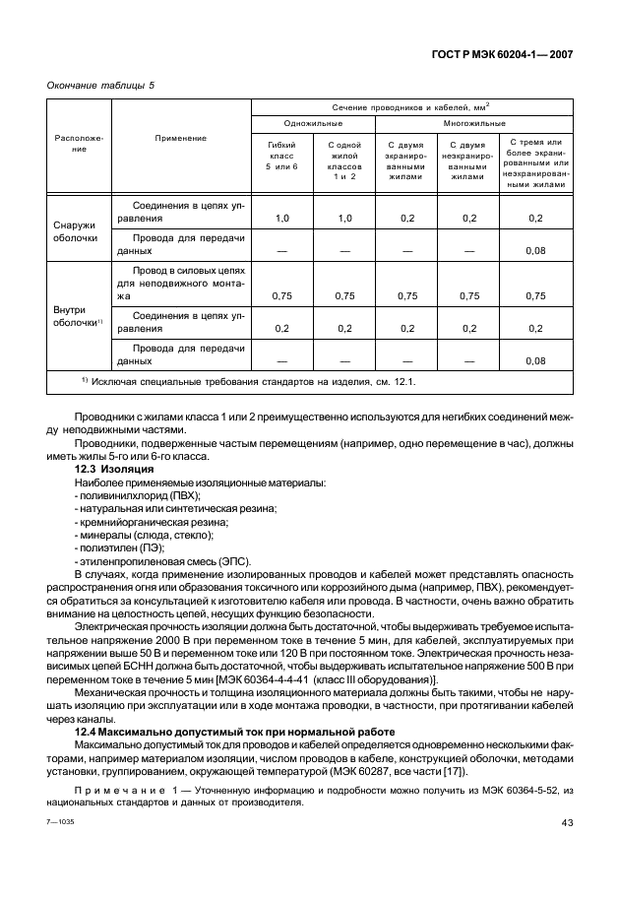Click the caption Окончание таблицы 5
coord(100,86)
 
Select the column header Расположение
coord(78,143)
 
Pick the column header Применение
coord(180,139)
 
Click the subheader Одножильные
coord(313,124)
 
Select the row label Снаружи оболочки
coord(75,231)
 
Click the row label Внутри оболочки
coord(77,316)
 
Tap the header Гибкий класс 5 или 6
coord(281,158)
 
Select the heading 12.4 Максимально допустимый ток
coord(235,733)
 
